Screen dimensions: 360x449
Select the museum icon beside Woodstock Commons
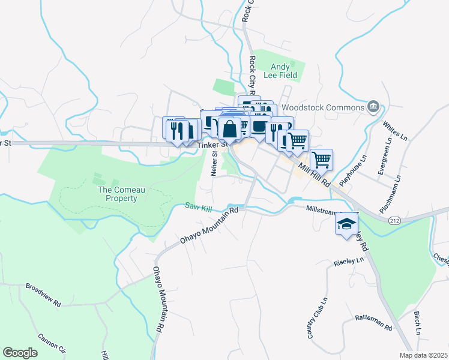(373, 107)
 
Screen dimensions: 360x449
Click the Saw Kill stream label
(199, 208)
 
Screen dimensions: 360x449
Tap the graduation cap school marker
(346, 224)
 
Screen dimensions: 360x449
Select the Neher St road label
(214, 163)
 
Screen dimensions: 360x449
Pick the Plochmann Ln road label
(390, 195)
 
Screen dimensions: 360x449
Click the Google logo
(20, 352)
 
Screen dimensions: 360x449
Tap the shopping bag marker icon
(229, 128)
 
